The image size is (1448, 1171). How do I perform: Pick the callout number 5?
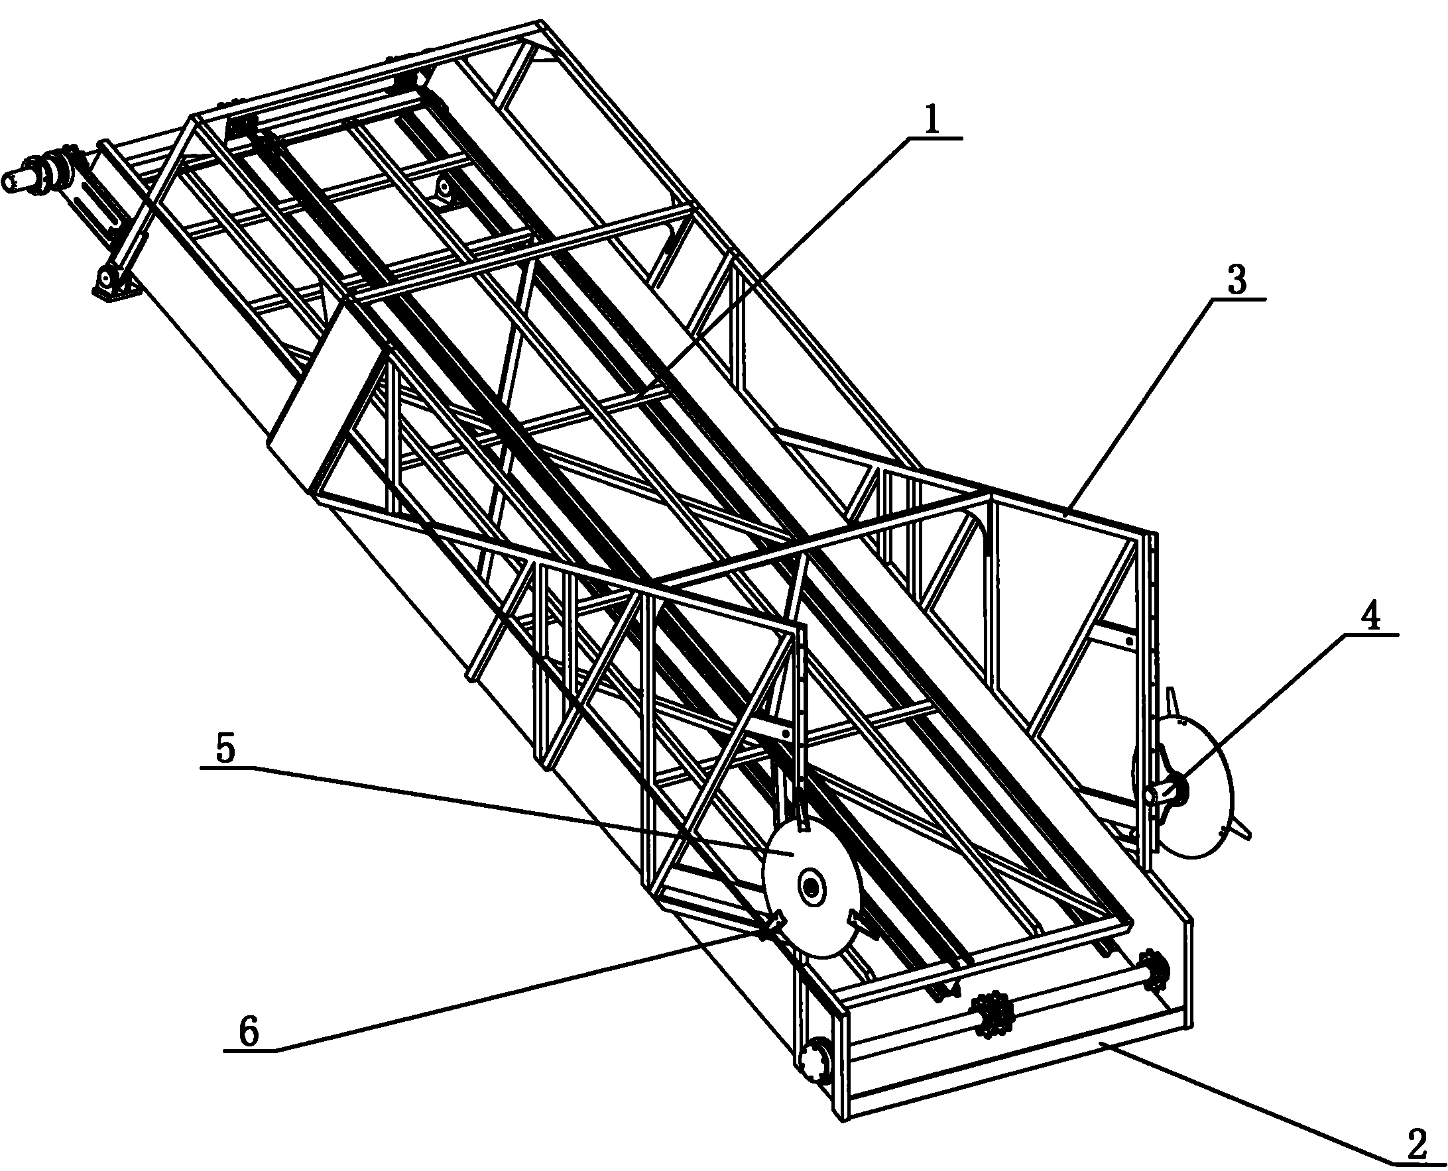point(225,750)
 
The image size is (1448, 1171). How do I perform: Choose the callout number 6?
point(249,1032)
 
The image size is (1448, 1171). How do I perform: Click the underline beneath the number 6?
point(250,1050)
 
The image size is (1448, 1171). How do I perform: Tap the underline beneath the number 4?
point(1370,635)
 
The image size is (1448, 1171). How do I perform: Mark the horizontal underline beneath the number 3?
point(1237,298)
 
